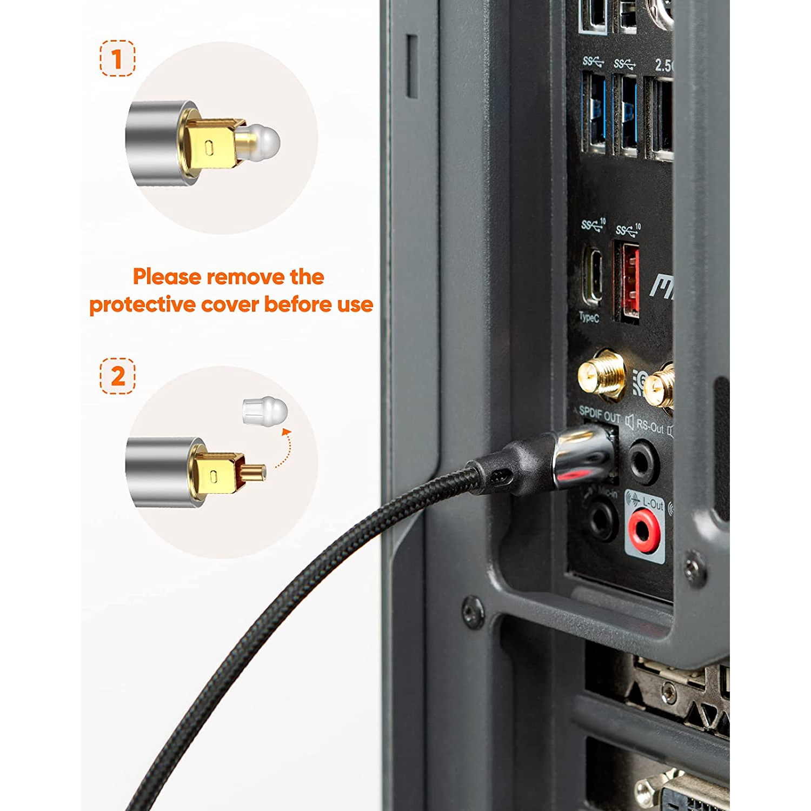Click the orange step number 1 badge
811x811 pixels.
(x=117, y=58)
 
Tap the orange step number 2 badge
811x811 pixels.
(x=117, y=376)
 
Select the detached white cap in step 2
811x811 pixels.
(x=264, y=410)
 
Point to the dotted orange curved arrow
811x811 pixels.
(x=283, y=448)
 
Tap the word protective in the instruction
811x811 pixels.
(x=143, y=304)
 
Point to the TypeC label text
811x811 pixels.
(x=589, y=317)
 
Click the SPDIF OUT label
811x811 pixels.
(x=599, y=416)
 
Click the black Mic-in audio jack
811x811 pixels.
(x=602, y=520)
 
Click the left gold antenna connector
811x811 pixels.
(x=601, y=375)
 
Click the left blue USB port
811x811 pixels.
(x=595, y=114)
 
